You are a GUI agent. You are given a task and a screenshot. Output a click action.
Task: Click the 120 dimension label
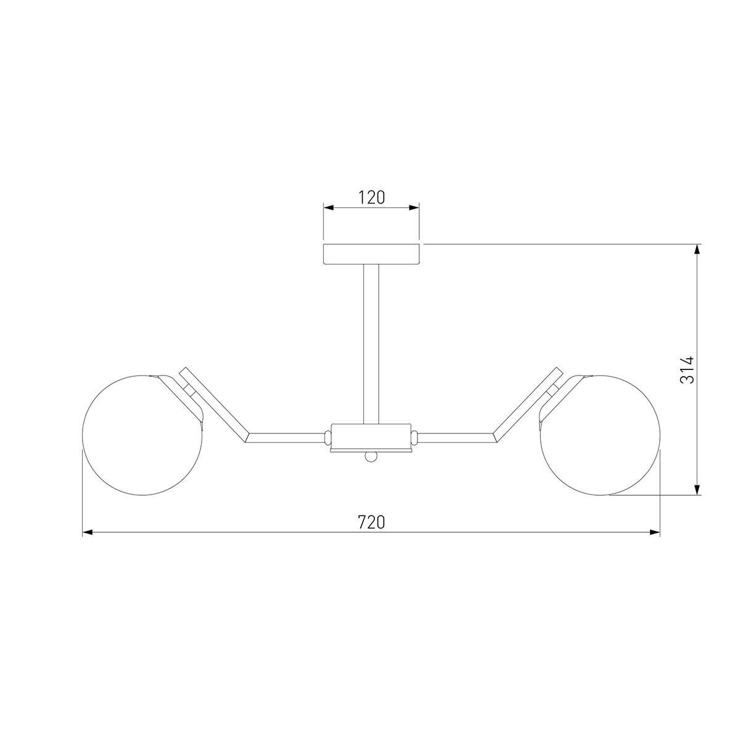371,197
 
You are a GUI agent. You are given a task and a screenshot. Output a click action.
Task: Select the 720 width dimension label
371,522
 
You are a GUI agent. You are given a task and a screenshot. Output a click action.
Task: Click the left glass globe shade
142,435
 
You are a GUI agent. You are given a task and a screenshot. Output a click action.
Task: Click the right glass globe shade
600,435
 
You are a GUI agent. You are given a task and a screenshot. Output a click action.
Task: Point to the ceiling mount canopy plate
371,254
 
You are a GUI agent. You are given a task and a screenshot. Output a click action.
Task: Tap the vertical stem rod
371,344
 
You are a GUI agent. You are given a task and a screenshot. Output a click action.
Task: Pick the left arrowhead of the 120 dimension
329,208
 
